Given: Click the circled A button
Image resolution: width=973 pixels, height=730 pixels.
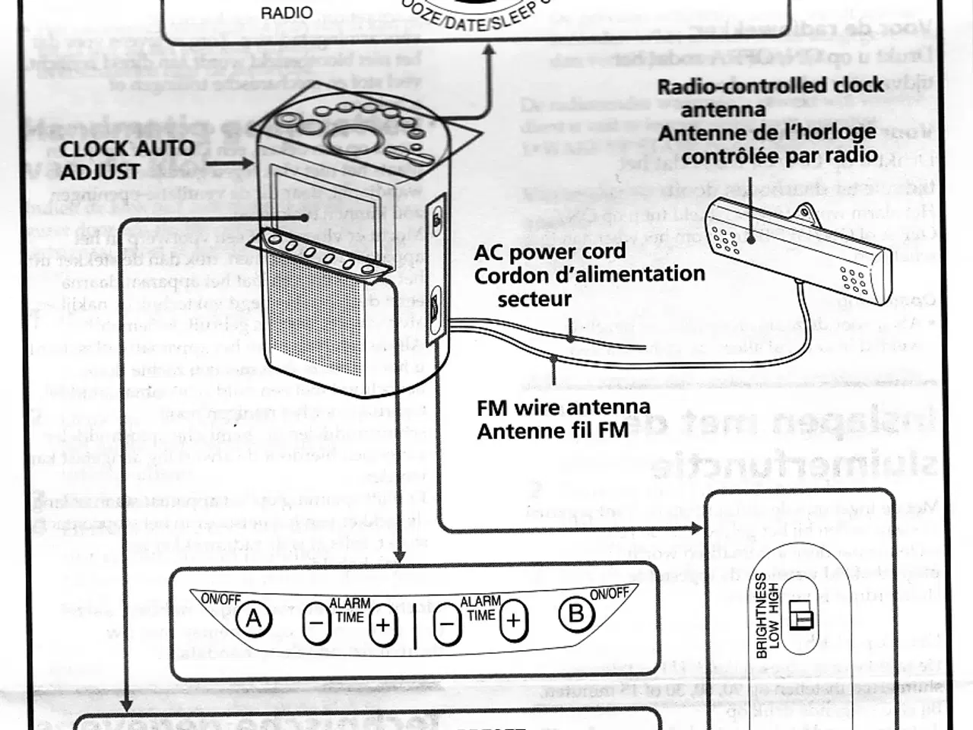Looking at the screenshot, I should pyautogui.click(x=254, y=620).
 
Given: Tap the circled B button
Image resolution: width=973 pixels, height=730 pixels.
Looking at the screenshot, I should pyautogui.click(x=576, y=614).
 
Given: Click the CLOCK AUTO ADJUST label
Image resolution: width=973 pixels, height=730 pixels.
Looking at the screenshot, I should pyautogui.click(x=127, y=160).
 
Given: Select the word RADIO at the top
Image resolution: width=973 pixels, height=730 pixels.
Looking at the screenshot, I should pyautogui.click(x=287, y=13).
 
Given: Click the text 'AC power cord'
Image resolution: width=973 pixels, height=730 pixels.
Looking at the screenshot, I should pyautogui.click(x=550, y=252).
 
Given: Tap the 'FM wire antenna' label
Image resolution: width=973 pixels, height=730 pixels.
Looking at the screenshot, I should pyautogui.click(x=563, y=408).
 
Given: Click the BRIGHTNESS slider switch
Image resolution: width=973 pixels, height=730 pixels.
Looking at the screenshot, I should pyautogui.click(x=800, y=615).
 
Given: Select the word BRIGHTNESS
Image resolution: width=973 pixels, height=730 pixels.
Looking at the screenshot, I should pyautogui.click(x=761, y=615).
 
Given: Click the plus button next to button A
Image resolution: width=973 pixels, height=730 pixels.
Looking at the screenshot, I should pyautogui.click(x=383, y=624).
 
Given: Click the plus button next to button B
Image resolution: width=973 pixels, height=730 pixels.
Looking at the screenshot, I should pyautogui.click(x=515, y=620).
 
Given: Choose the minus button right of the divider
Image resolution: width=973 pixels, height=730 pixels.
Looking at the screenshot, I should pyautogui.click(x=448, y=624).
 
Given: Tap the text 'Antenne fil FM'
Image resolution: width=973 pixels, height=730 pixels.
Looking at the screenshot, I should pyautogui.click(x=553, y=430).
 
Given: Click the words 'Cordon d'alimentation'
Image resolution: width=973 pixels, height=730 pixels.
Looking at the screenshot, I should pyautogui.click(x=589, y=275).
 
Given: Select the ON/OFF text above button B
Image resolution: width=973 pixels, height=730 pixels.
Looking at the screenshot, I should pyautogui.click(x=610, y=593).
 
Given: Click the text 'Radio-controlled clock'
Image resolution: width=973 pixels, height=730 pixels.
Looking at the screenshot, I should pyautogui.click(x=770, y=85).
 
